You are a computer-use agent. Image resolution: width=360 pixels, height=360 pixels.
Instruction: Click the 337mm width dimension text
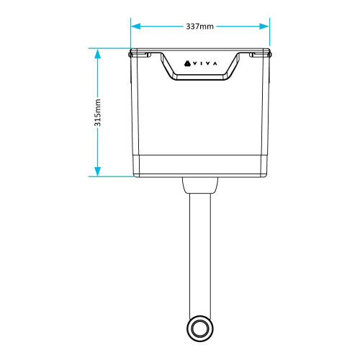point(199,27)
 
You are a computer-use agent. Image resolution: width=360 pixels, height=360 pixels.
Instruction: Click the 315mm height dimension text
point(98,112)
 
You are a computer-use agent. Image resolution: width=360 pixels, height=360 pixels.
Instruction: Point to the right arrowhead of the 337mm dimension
point(266,27)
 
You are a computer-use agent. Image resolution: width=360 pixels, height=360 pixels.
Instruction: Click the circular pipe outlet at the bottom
point(199,330)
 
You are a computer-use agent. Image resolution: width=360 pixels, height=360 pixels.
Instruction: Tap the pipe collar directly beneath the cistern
point(199,186)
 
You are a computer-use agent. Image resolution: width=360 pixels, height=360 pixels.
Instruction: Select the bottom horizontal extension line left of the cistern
point(112,176)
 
